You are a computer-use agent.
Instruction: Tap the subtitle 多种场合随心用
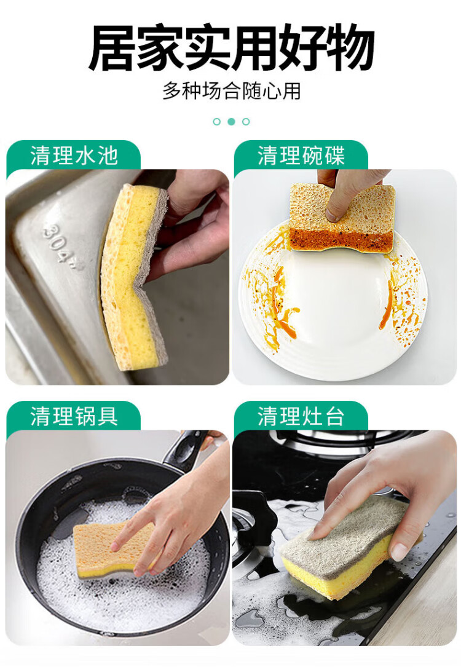pos(231,90)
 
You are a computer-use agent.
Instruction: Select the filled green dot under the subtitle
pos(231,122)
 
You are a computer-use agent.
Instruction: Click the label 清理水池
pos(74,156)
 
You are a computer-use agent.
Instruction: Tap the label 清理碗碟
pos(301,156)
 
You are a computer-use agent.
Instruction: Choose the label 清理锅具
pos(74,416)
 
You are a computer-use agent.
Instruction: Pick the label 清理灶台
pos(301,416)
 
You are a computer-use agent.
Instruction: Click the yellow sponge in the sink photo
pos(132,277)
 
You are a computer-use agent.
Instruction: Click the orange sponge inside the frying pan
pos(115,551)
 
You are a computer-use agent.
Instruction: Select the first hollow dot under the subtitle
pos(217,122)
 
